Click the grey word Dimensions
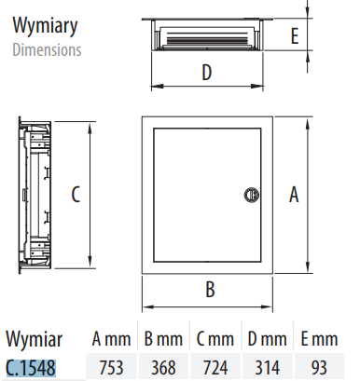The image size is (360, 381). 47,49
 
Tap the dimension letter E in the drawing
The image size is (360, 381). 295,36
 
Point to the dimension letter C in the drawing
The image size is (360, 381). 76,195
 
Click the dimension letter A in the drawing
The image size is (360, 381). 294,195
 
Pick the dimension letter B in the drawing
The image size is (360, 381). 211,289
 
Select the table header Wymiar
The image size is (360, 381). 33,338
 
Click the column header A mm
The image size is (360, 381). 109,338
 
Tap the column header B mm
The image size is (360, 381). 162,338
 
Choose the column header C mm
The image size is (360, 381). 215,338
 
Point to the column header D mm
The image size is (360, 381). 268,338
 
